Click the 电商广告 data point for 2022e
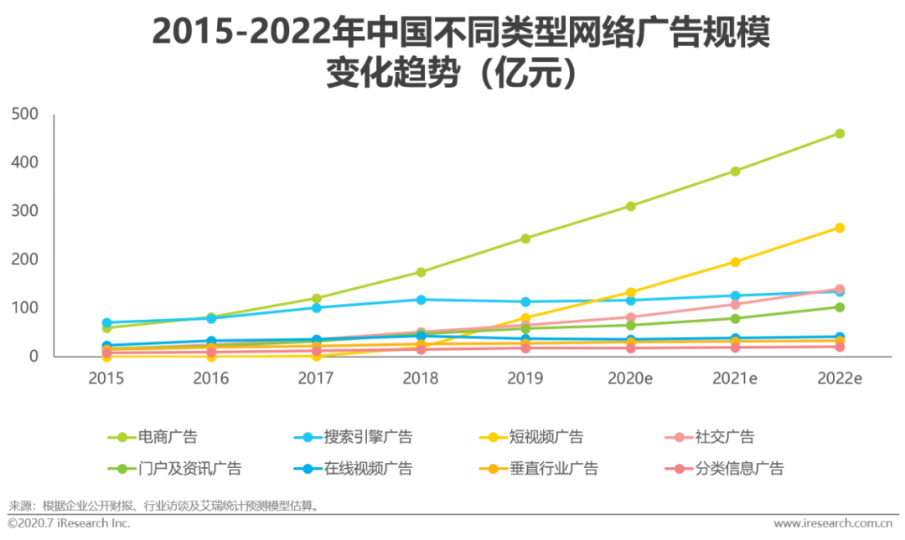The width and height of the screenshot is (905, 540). click(840, 134)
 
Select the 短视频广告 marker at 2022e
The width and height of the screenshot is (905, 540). click(840, 228)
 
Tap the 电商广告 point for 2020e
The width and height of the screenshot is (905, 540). click(630, 206)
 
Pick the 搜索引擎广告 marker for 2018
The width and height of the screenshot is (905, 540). click(421, 300)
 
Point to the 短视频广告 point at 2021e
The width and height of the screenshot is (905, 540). click(735, 262)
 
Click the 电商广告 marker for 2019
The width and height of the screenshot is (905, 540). click(525, 239)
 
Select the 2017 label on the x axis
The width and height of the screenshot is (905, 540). click(316, 378)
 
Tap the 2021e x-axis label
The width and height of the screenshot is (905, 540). click(735, 378)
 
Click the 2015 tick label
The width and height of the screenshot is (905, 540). click(106, 378)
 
